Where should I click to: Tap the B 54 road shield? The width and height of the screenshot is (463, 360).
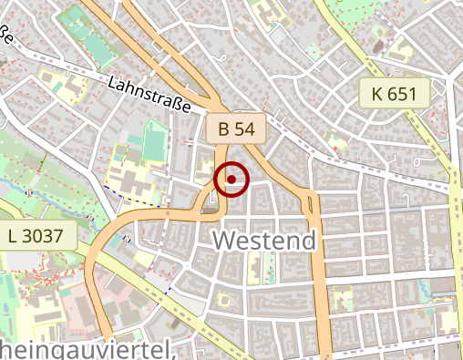(x=235, y=129)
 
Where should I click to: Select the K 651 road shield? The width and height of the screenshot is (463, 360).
(x=394, y=93)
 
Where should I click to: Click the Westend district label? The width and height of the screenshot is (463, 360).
(x=264, y=242)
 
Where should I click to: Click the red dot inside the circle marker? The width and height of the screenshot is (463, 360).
(x=232, y=180)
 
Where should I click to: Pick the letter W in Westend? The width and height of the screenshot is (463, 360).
(x=223, y=242)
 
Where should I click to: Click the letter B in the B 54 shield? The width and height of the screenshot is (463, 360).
(x=224, y=129)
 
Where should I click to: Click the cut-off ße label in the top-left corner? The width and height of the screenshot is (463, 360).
(x=5, y=37)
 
